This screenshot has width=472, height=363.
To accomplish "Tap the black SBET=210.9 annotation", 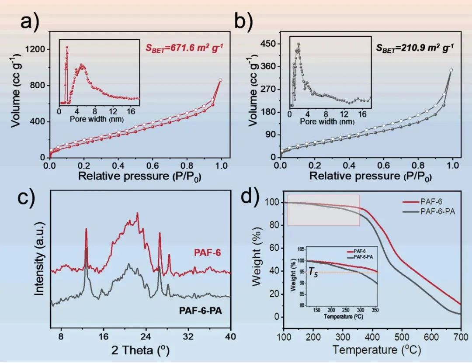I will tap(415, 47).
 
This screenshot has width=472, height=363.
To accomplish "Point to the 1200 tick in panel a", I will tap(36, 49).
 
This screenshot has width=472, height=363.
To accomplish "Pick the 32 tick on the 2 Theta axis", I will tap(188, 337).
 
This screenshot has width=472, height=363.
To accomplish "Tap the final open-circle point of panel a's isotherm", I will tap(220, 80).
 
